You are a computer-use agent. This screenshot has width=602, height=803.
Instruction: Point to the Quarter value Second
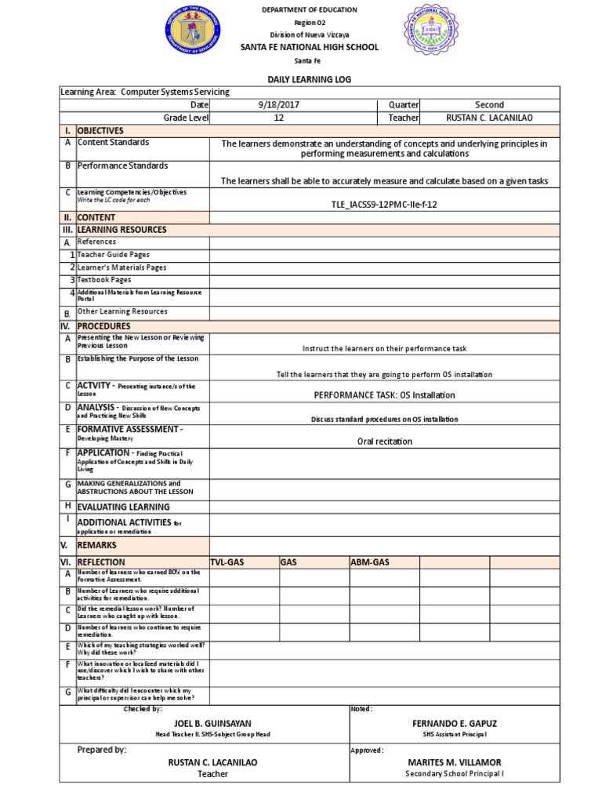(489, 105)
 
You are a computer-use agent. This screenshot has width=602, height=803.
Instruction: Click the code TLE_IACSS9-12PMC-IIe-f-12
(384, 204)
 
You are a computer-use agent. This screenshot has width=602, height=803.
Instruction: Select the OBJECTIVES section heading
(100, 130)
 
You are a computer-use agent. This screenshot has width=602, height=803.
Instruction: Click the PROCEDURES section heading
(103, 325)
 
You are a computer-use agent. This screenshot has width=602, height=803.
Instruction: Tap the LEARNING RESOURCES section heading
(121, 230)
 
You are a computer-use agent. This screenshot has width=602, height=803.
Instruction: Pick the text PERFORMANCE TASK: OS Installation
(384, 395)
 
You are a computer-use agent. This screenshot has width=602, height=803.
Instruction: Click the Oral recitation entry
(384, 441)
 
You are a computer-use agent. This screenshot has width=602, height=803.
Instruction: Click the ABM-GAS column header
(370, 562)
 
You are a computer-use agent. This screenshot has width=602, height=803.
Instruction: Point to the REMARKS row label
(97, 544)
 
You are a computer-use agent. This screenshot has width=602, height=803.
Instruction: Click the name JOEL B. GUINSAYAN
(212, 722)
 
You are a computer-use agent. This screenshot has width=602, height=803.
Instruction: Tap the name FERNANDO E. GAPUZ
(455, 722)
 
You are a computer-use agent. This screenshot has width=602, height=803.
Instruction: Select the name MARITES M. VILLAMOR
(455, 762)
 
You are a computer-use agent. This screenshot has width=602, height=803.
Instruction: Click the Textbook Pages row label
(103, 280)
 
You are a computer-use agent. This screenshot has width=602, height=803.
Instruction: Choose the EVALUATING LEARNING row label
(123, 507)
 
